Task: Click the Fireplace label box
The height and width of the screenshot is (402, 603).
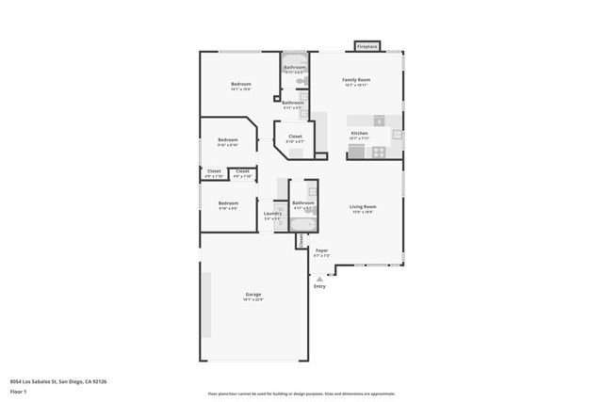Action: pos(367,46)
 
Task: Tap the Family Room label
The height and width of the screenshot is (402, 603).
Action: pos(356,80)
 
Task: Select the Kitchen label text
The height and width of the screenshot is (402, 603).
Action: pos(359,134)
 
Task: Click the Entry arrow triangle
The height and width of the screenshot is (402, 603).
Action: pos(320,279)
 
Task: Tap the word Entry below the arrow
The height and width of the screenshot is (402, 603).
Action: pos(319,286)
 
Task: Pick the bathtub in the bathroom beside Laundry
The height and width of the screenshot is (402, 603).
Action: pos(303,224)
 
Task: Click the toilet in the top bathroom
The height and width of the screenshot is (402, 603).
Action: pos(301,82)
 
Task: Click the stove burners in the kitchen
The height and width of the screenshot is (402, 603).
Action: pos(379,121)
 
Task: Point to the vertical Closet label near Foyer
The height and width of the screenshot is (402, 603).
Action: pos(301,241)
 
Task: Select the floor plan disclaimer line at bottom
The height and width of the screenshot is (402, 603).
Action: pos(301,394)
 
